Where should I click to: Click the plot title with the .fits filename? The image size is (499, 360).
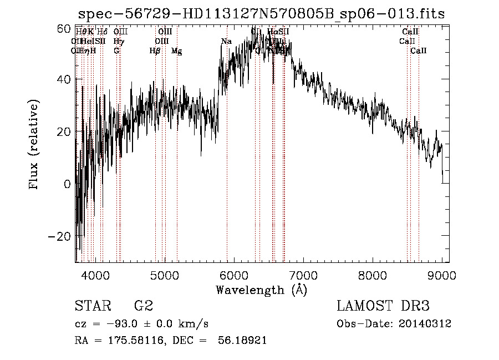pos(261,14)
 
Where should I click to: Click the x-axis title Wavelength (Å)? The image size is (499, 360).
pos(261,290)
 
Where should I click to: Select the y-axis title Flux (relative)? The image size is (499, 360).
pos(34,145)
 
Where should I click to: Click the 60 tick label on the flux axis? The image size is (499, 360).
pos(64,27)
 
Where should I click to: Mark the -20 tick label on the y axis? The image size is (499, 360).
pos(59,236)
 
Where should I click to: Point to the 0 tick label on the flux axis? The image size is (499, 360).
pos(67,184)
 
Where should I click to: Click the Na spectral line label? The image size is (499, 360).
pos(226,42)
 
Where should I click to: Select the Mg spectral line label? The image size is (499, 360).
pos(176,51)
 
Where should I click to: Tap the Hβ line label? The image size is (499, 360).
pos(155,51)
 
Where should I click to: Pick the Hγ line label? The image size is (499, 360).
pos(118,42)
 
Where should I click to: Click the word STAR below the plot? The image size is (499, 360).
pos(92,306)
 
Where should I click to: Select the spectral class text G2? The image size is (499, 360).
pos(144,306)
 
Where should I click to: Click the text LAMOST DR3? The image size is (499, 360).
pos(383,306)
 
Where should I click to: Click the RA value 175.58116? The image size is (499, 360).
pos(135,340)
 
